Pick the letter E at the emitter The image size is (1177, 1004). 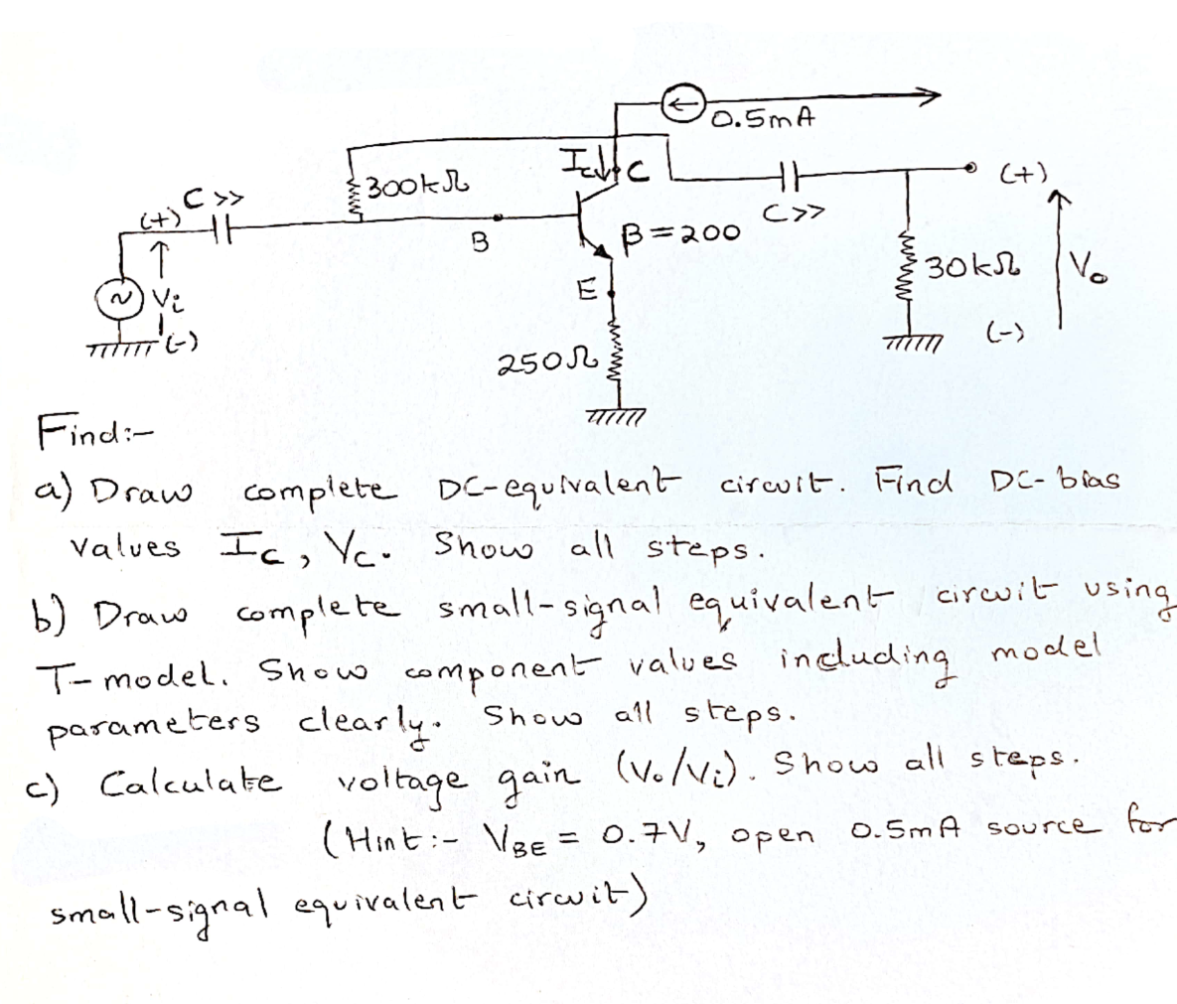(x=586, y=290)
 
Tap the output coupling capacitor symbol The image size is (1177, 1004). (x=791, y=175)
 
